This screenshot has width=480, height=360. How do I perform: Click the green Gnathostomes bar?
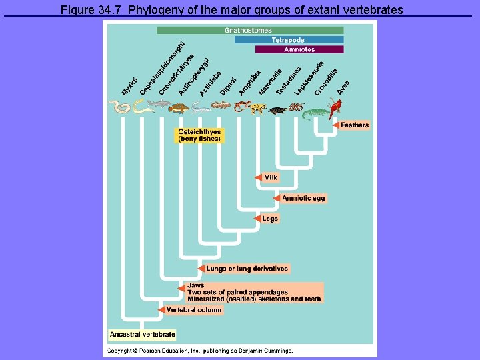(x=250, y=30)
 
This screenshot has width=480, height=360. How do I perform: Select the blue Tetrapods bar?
(x=289, y=40)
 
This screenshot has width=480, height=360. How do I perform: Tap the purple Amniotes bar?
(x=299, y=49)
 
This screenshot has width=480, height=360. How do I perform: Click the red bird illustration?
(x=336, y=106)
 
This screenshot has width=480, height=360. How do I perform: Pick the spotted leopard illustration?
(x=258, y=106)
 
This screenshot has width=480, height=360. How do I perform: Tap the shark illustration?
(x=159, y=103)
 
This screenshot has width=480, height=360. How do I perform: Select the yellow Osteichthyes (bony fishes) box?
(x=199, y=135)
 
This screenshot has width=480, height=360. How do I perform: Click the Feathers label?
(x=355, y=125)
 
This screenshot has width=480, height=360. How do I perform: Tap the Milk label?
(x=271, y=177)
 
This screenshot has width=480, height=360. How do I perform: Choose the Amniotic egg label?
(x=304, y=198)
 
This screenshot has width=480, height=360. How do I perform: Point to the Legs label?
(x=270, y=219)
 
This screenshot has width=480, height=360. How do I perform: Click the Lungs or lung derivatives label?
(x=247, y=269)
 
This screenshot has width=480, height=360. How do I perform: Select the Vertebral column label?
(x=194, y=310)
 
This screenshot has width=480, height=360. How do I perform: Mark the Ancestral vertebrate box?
(x=143, y=334)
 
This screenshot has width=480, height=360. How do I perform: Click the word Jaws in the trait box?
(x=196, y=285)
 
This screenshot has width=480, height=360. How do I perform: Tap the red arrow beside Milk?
(x=259, y=177)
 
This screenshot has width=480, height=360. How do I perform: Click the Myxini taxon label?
(x=129, y=86)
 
